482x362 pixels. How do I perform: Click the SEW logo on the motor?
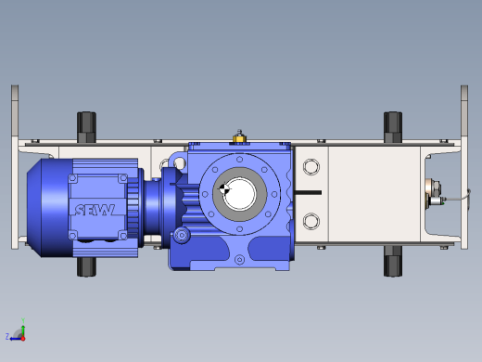(95, 210)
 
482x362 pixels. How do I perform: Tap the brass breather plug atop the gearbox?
(239, 136)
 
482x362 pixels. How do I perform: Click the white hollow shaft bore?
(239, 194)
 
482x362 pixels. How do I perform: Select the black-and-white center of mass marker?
(224, 188)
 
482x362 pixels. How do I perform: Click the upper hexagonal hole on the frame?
(311, 167)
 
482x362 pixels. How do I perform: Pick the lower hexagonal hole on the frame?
(311, 221)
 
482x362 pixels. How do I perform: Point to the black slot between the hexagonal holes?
(308, 193)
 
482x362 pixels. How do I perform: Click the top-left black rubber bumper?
(86, 127)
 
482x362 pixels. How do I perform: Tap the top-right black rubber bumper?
(393, 127)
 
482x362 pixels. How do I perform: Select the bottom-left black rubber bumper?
(86, 266)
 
